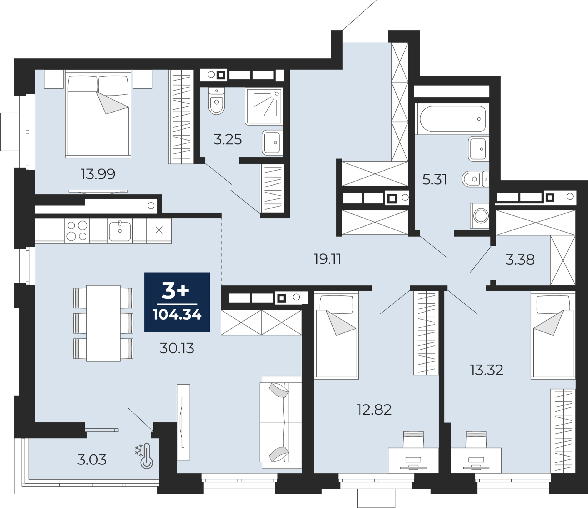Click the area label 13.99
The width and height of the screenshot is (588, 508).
coord(98,174)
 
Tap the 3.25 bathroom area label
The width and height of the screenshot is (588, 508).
coord(228,139)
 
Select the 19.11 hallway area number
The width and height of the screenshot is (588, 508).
coord(327,259)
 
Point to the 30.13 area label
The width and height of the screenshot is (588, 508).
coord(177,348)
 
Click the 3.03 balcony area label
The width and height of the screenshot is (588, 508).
coord(91,460)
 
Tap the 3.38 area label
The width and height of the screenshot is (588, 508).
coord(520,260)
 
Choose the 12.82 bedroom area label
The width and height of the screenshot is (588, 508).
coord(374,410)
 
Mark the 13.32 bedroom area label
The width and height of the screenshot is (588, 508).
coord(487,370)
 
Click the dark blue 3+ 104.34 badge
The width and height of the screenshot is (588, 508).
coord(177,302)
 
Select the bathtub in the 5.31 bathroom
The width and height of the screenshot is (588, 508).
coord(453,119)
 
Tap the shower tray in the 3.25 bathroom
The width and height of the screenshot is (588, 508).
coord(264,106)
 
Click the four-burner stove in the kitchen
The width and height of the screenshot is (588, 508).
coord(77,231)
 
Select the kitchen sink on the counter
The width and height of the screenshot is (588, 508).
coord(120,231)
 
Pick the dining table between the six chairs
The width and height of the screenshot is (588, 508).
coord(103,323)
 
